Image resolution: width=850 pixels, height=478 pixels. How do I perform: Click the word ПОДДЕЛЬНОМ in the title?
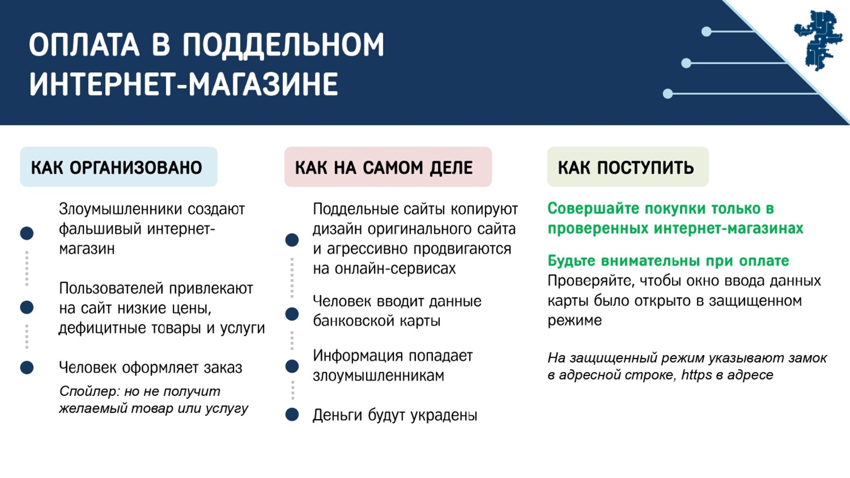[x=283, y=46]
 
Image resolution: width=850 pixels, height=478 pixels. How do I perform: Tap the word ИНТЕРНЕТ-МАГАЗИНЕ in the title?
[x=184, y=84]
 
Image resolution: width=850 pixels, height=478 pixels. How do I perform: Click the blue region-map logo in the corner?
[x=818, y=40]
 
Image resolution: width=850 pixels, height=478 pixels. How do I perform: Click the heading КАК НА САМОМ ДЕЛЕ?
[x=384, y=167]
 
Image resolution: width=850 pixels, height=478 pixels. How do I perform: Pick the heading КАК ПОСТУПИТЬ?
[x=626, y=167]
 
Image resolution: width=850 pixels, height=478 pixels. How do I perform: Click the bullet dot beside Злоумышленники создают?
[x=27, y=233]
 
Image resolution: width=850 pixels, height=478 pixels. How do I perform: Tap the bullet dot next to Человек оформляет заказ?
[x=27, y=367]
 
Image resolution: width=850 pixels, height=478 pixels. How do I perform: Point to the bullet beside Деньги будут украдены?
[x=292, y=415]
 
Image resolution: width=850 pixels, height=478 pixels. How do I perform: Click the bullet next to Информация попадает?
[x=292, y=366]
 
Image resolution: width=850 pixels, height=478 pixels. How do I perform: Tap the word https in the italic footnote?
[x=696, y=374]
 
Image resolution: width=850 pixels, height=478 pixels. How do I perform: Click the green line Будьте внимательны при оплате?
[x=668, y=260]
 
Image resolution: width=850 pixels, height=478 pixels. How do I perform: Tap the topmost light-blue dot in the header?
[x=707, y=31]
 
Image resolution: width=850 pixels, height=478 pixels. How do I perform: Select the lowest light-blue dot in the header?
[x=668, y=94]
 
